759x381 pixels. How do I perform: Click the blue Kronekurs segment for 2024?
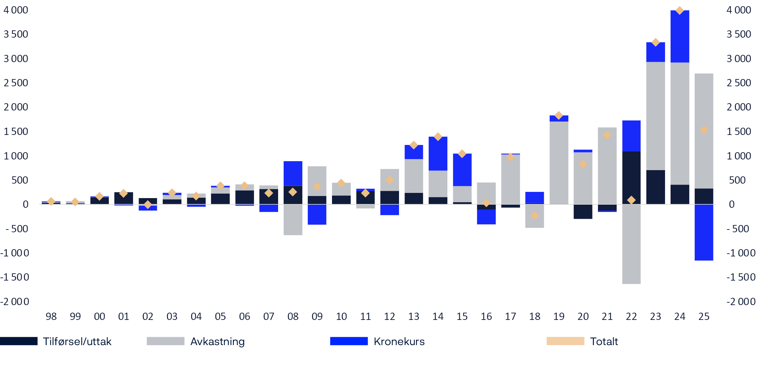680,36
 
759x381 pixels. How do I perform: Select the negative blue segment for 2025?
704,232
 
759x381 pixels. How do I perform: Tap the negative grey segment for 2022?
631,244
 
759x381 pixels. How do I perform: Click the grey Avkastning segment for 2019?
559,163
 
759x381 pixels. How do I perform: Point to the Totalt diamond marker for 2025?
704,130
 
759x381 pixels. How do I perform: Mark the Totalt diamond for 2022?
631,200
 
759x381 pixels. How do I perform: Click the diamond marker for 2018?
534,216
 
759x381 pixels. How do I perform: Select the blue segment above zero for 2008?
293,173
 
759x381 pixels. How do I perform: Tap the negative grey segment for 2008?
293,220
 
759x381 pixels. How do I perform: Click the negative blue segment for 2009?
317,214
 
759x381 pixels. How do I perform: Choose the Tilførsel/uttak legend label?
77,342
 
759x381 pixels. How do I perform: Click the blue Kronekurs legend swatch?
349,341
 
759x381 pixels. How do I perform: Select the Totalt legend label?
604,342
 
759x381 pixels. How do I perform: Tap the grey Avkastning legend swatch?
165,341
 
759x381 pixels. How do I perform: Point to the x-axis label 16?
486,316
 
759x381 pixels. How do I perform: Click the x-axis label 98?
51,316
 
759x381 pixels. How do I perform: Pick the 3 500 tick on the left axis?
16,34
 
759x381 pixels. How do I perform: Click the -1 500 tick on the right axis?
741,277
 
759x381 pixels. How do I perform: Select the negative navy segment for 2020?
583,212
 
